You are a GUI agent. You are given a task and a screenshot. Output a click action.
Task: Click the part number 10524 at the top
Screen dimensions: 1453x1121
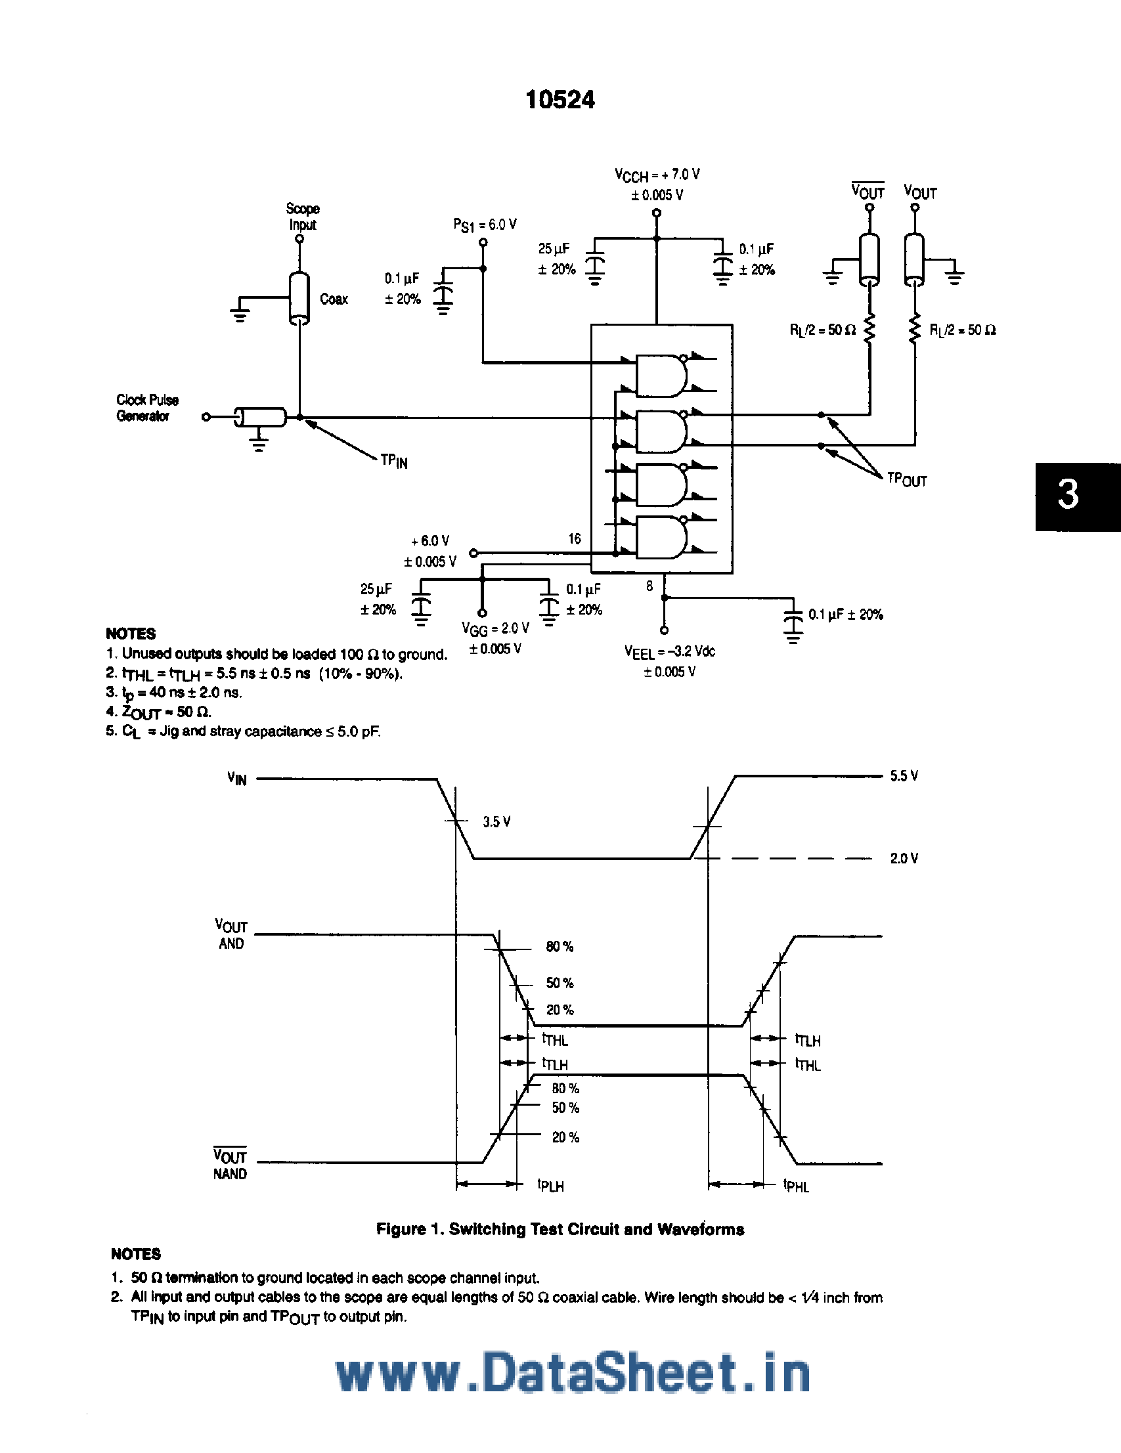click(x=560, y=100)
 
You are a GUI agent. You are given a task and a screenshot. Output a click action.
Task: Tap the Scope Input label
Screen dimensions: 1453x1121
click(x=302, y=217)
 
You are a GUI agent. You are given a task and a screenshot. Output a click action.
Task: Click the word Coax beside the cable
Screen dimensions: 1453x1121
click(x=334, y=299)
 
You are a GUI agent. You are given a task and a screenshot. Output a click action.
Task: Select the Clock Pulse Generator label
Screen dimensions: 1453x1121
click(x=147, y=408)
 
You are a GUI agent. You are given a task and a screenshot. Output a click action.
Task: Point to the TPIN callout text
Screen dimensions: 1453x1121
click(x=394, y=460)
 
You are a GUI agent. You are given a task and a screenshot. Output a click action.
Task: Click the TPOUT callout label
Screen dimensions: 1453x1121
click(x=907, y=480)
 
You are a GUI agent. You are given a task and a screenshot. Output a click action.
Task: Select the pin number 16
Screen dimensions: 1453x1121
click(x=575, y=539)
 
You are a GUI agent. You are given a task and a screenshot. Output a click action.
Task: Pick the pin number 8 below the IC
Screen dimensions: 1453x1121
click(x=649, y=586)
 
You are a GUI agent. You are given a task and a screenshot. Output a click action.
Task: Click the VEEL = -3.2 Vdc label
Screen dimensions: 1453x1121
click(x=669, y=652)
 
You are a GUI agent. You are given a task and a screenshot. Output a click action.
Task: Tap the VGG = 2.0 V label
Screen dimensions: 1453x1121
click(x=495, y=629)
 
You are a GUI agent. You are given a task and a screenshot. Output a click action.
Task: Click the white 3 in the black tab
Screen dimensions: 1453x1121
click(x=1068, y=495)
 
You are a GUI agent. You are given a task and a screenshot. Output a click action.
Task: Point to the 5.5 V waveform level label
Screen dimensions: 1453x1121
click(x=904, y=776)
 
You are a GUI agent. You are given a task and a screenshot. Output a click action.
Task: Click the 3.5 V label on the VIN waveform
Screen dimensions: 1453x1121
click(x=496, y=822)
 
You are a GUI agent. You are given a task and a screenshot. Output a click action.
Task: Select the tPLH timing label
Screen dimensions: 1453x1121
click(x=550, y=1186)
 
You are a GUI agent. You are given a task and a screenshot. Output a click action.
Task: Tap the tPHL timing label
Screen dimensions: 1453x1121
click(x=796, y=1186)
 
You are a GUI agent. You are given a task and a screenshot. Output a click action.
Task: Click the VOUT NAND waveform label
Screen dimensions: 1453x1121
click(x=230, y=1165)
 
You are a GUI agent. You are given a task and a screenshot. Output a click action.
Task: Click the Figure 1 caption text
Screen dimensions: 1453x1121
click(x=560, y=1230)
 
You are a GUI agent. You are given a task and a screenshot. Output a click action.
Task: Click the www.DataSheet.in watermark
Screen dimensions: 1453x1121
click(x=573, y=1373)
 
